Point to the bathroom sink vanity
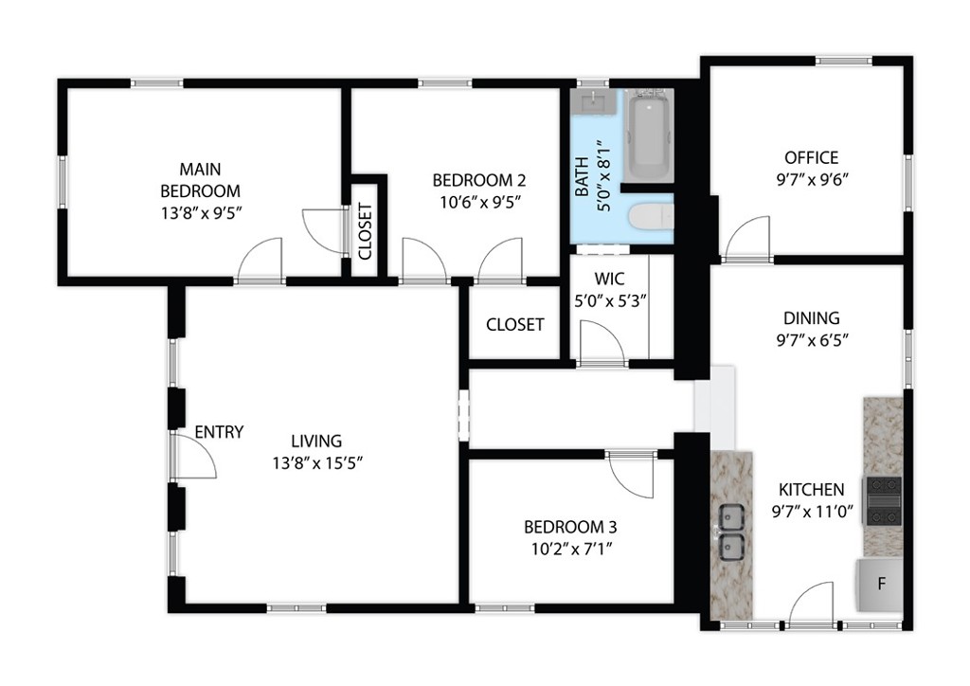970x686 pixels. pyautogui.click(x=595, y=100)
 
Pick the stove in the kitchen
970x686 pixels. pyautogui.click(x=883, y=500)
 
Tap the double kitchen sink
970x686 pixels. pyautogui.click(x=730, y=532)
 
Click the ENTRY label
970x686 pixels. pyautogui.click(x=219, y=432)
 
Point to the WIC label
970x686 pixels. pyautogui.click(x=607, y=280)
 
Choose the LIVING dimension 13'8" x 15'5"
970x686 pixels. pyautogui.click(x=315, y=462)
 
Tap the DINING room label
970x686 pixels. pyautogui.click(x=811, y=318)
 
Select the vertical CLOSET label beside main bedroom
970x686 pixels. pyautogui.click(x=366, y=231)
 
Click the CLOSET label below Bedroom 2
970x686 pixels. pyautogui.click(x=514, y=325)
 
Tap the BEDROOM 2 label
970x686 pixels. pyautogui.click(x=478, y=180)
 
